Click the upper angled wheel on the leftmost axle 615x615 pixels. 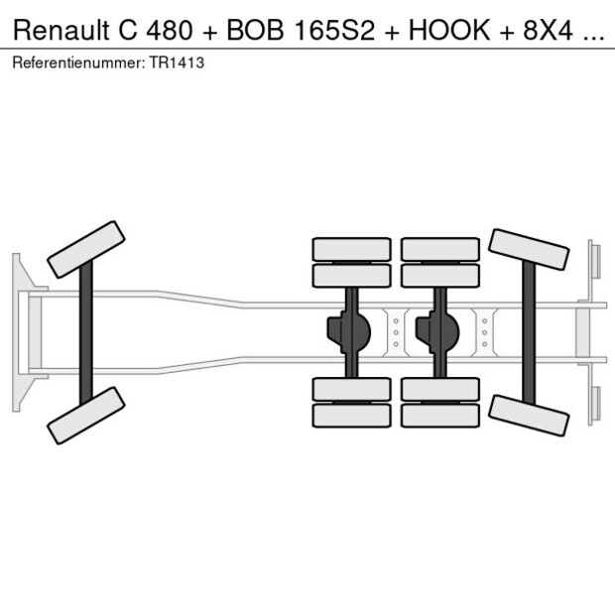(86, 249)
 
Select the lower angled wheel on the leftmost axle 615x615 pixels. (86, 415)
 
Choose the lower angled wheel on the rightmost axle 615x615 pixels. (530, 414)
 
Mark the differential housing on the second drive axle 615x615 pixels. (436, 332)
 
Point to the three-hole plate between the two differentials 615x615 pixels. (396, 332)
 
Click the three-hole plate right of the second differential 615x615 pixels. (485, 332)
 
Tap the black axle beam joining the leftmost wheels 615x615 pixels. (86, 332)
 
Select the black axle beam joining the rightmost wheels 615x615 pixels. (530, 332)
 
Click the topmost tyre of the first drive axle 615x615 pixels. (351, 249)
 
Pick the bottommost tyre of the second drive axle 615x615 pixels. (440, 416)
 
